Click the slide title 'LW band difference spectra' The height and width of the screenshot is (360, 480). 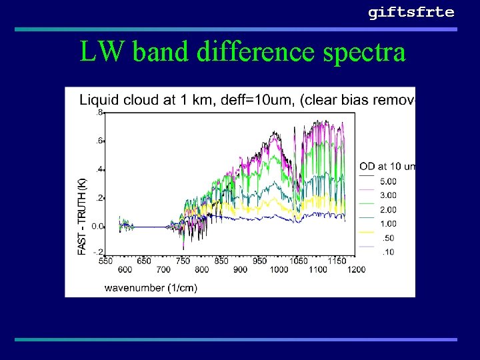click(243, 51)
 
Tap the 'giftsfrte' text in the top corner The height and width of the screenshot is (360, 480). click(411, 12)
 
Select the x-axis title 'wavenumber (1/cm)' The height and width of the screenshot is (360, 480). click(151, 288)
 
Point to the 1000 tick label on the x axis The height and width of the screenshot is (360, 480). click(279, 269)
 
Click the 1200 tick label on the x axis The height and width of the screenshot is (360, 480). click(356, 269)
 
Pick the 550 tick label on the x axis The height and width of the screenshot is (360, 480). click(105, 261)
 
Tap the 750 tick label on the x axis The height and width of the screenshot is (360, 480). click(183, 261)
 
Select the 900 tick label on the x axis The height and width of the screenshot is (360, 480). click(241, 269)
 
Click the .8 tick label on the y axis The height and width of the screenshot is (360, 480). click(99, 113)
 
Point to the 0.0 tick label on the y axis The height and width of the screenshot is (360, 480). click(97, 226)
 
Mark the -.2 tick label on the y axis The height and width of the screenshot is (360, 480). click(98, 252)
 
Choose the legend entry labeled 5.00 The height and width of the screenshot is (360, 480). click(388, 181)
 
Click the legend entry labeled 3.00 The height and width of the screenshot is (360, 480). click(388, 195)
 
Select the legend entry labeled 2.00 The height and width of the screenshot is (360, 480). click(388, 209)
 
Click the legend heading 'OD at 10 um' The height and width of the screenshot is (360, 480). click(387, 166)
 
